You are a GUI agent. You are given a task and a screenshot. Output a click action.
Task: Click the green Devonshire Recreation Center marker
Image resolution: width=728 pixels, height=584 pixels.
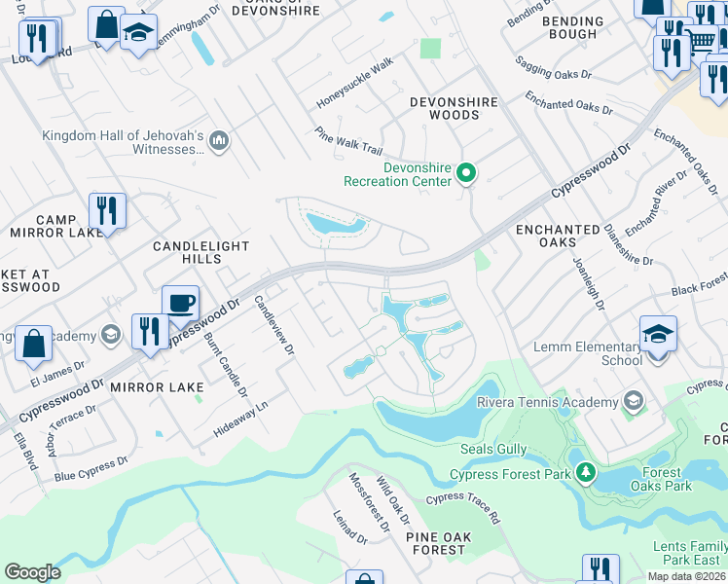pos(466,174)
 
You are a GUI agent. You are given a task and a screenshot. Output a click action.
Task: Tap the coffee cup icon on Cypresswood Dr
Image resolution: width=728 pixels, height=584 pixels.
pos(180,303)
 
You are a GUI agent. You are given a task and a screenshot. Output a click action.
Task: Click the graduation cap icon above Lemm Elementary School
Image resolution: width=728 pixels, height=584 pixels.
pos(658,334)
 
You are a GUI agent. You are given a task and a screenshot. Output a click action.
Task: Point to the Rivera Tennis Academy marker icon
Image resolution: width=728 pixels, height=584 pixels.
pos(634,402)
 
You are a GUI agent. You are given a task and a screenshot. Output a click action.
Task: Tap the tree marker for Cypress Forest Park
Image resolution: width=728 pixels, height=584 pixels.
pos(585,474)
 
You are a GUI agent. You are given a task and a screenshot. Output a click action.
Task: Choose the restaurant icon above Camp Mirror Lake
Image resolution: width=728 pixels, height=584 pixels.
pos(107,211)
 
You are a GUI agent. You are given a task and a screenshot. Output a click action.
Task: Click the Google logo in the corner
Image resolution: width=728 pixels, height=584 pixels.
pos(32,571)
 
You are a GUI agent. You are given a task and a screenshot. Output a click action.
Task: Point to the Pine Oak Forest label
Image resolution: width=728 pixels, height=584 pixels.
pos(437,543)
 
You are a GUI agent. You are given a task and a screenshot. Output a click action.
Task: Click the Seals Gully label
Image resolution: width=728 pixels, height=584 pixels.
pos(493,450)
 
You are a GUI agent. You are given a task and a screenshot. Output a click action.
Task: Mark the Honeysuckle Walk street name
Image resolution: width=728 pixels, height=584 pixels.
pos(355,83)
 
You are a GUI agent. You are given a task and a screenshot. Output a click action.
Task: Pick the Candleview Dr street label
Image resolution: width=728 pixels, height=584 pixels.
pos(273,325)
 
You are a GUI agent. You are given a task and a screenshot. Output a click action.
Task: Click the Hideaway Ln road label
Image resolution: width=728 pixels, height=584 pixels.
pos(237,417)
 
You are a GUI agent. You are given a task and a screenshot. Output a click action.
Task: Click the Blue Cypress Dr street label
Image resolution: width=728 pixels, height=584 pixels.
pos(91,468)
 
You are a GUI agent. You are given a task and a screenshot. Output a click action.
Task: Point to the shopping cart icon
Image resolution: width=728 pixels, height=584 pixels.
pos(701,41)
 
